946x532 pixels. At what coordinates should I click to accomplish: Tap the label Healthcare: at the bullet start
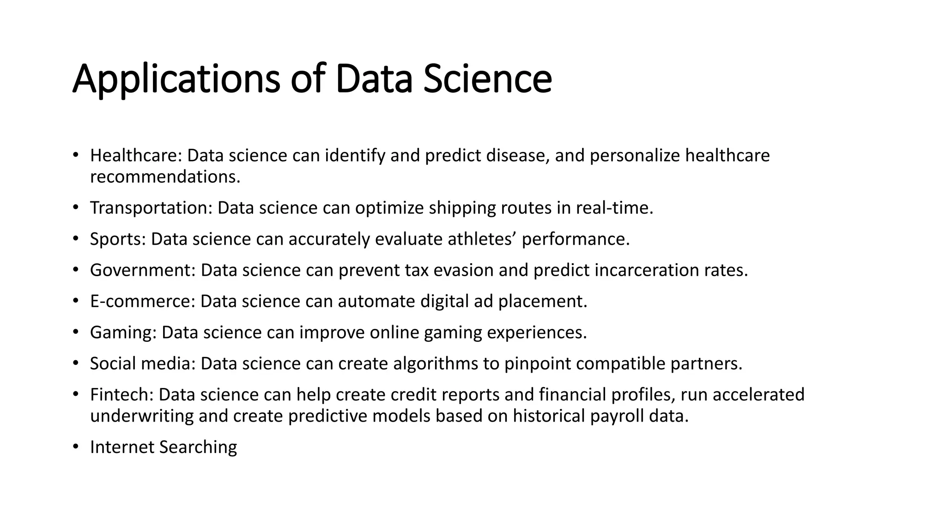(136, 156)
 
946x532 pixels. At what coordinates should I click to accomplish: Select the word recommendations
(165, 177)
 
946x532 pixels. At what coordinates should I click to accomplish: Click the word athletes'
(482, 239)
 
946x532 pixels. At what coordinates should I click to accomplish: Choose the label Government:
(143, 270)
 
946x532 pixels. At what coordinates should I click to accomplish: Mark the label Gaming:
(123, 332)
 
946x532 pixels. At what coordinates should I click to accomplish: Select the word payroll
(617, 416)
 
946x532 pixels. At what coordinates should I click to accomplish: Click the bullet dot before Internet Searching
(75, 447)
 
